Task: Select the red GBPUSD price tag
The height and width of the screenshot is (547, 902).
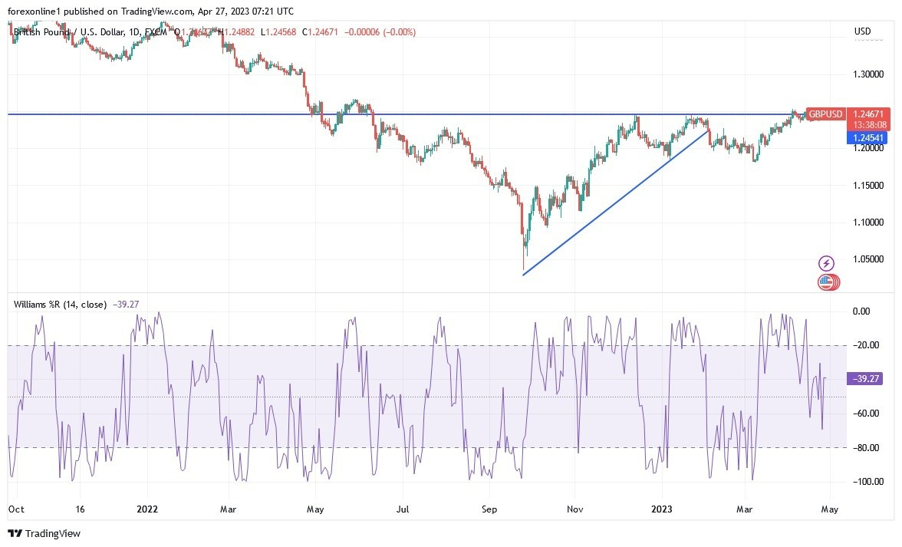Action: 825,114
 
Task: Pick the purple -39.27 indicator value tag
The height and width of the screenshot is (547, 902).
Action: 866,378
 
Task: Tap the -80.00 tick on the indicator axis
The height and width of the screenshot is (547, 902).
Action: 865,447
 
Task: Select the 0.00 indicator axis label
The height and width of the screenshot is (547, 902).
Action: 861,311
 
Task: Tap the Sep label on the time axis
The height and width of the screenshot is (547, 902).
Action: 489,508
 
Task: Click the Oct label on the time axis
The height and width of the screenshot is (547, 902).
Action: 15,508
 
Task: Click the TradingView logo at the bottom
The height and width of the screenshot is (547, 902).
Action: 44,533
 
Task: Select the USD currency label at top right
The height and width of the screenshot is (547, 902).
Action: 862,31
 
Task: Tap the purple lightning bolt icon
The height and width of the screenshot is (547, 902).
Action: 826,263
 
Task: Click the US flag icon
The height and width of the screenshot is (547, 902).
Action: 826,282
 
